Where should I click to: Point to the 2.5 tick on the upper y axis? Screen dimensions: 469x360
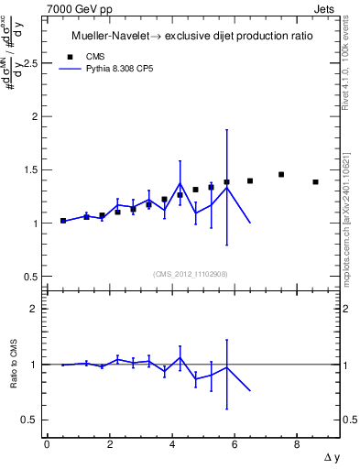[34, 64]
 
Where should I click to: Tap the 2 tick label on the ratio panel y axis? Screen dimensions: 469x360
[38, 310]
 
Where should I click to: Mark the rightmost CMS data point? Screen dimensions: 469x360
[315, 182]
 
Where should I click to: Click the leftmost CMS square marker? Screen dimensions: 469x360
[63, 221]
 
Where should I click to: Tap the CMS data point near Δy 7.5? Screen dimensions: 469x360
[281, 174]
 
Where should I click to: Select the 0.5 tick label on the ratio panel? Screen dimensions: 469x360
[34, 420]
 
